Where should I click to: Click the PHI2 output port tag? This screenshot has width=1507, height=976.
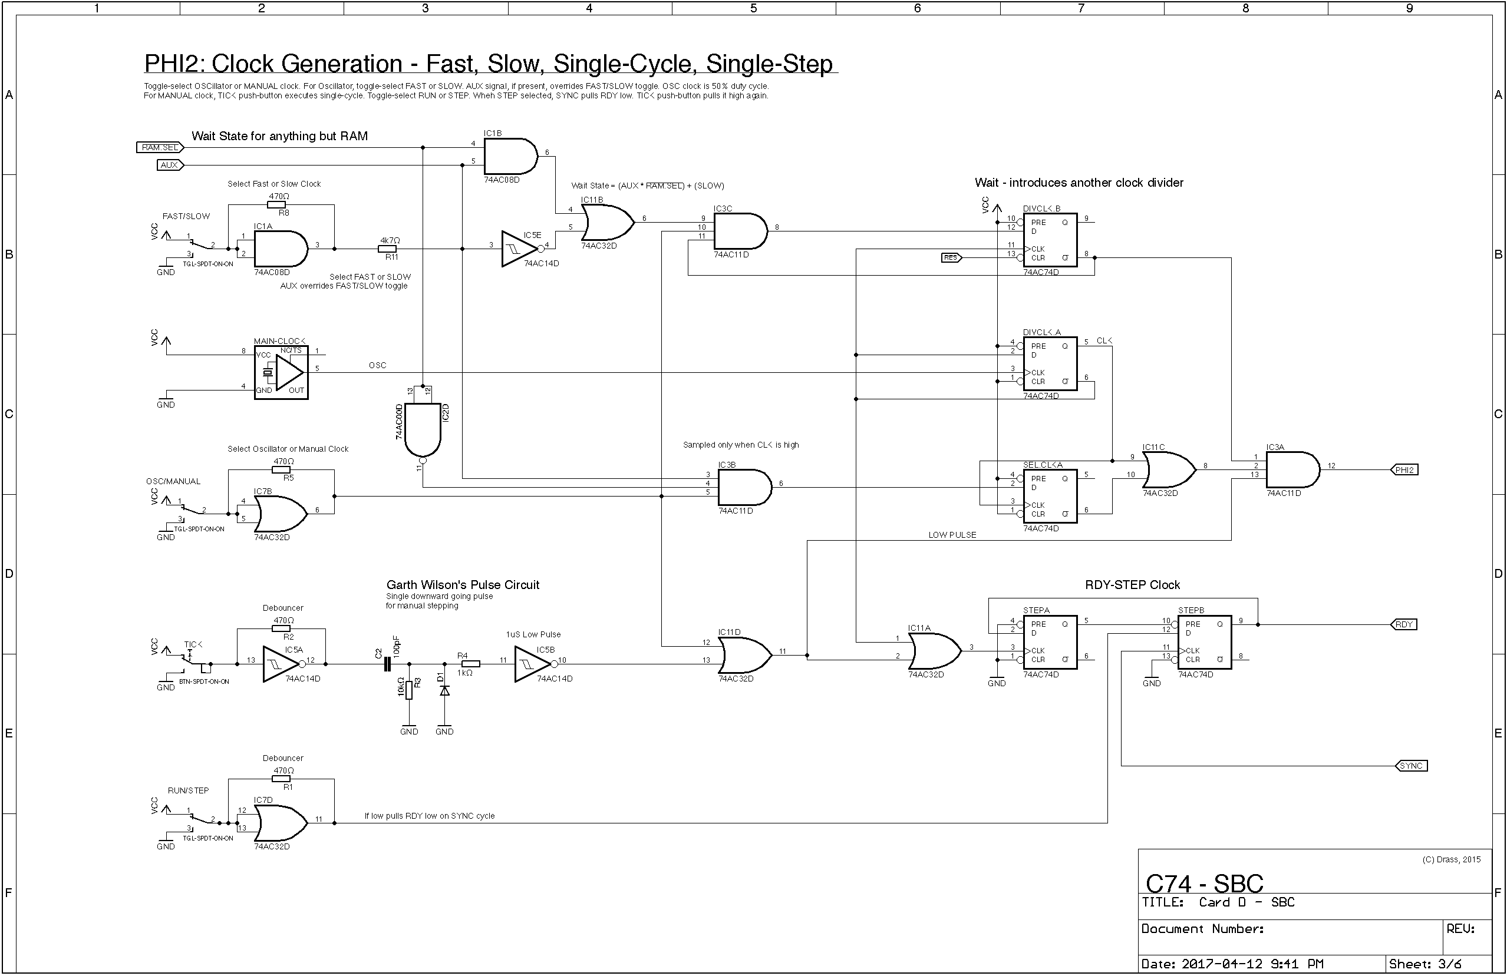click(x=1404, y=469)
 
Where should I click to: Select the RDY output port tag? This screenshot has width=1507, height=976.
click(x=1404, y=625)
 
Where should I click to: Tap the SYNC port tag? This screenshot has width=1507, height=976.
click(x=1411, y=766)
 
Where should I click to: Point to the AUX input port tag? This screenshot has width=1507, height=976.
click(x=170, y=165)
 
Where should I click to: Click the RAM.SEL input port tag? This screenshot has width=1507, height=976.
click(x=160, y=147)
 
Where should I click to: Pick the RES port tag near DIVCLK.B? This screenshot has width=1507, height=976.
click(x=951, y=257)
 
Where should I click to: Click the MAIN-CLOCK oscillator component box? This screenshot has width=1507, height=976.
click(x=281, y=372)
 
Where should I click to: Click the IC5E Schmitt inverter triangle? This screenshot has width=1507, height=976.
click(x=519, y=249)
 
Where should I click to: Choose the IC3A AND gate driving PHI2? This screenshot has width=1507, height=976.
click(x=1292, y=469)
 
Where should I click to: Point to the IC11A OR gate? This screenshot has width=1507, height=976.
click(x=934, y=651)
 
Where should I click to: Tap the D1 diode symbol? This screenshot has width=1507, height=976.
click(x=444, y=690)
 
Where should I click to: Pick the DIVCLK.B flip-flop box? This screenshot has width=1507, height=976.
click(x=1050, y=240)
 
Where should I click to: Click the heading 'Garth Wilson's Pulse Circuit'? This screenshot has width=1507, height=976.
click(x=463, y=585)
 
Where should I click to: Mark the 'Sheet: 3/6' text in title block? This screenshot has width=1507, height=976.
click(x=1424, y=964)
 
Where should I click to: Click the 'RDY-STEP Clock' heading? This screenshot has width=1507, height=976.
click(x=1132, y=585)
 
